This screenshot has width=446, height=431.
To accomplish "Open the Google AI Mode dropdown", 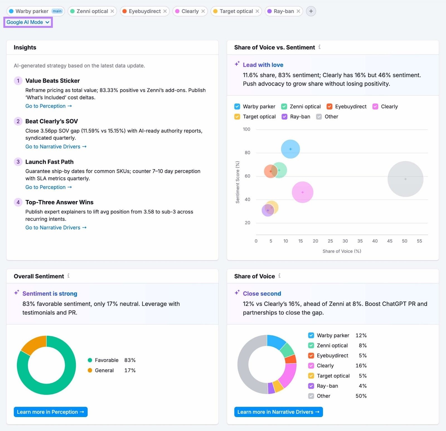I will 28,22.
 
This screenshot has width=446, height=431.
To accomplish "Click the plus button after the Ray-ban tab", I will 311,11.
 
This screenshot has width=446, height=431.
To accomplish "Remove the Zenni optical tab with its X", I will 112,11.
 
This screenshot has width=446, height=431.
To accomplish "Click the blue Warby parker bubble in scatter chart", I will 290,149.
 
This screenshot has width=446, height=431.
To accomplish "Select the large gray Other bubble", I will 405,179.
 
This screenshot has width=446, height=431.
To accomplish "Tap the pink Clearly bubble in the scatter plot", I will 302,192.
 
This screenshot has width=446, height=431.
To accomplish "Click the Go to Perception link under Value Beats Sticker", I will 49,106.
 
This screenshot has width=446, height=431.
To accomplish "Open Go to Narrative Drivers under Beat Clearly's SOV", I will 56,146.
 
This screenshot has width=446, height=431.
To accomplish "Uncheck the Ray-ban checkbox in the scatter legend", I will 284,117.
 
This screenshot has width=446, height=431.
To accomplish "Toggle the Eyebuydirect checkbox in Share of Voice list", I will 311,356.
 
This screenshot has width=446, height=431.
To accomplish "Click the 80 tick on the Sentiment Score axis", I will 247,153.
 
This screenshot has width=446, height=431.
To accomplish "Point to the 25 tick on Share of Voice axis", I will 330,241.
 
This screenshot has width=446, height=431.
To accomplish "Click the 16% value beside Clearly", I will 361,366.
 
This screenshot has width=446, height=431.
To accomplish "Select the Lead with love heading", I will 263,65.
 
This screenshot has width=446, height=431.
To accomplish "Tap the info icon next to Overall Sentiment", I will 68,276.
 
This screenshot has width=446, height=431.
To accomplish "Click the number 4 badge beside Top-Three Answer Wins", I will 18,202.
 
